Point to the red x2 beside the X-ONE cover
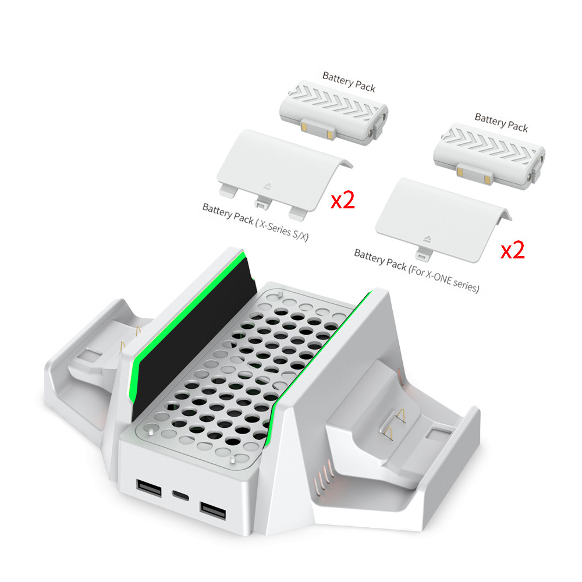click(x=513, y=250)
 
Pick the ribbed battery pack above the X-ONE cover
click(x=490, y=154)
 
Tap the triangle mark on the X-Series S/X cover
click(x=268, y=187)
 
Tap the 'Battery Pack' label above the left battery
click(x=349, y=81)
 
